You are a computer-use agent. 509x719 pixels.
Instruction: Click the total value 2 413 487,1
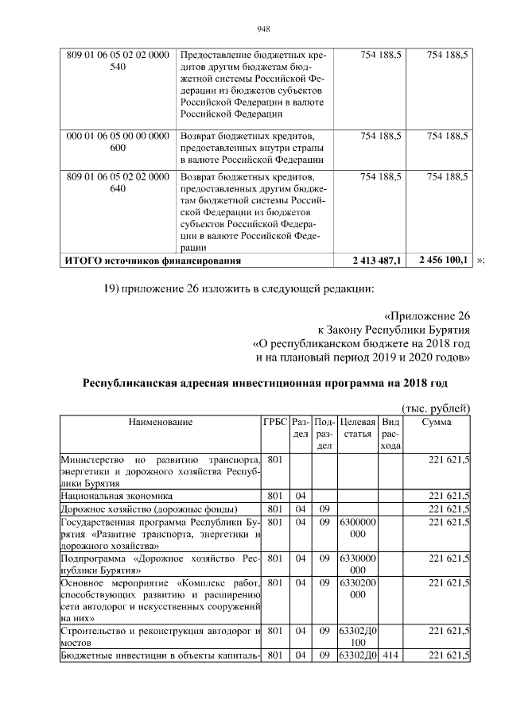378,260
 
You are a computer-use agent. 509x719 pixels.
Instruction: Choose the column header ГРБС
274,423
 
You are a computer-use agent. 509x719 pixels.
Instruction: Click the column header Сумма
437,423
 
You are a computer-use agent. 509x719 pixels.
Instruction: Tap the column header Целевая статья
357,428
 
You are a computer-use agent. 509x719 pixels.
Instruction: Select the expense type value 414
389,655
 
